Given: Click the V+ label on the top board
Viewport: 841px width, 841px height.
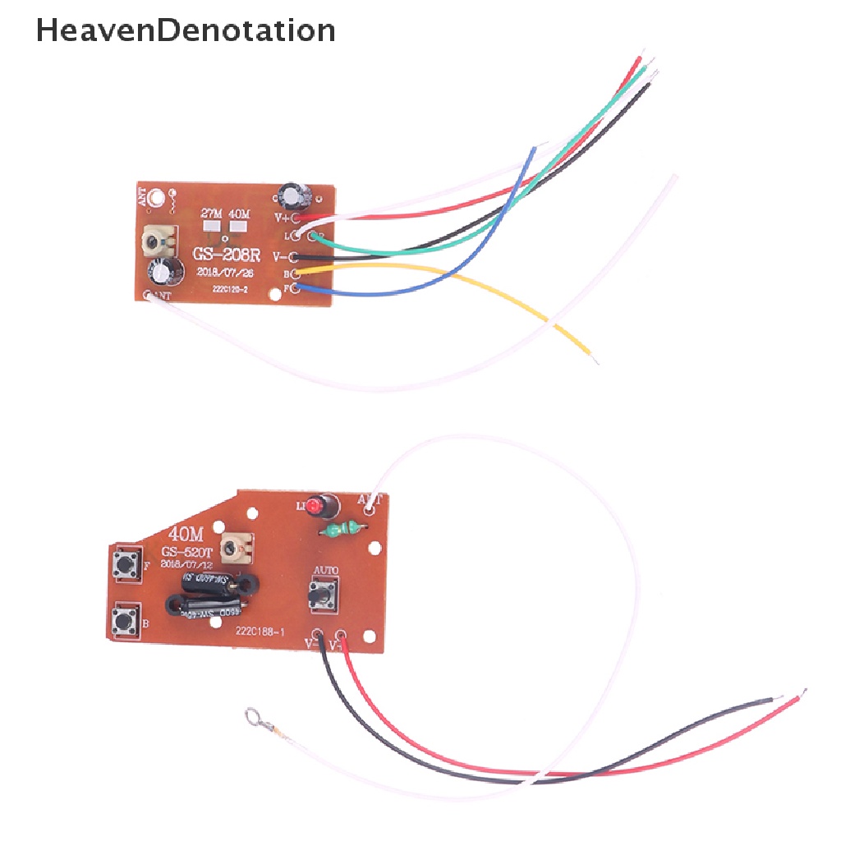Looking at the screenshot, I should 283,218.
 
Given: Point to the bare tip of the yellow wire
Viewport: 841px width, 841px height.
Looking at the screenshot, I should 593,358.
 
